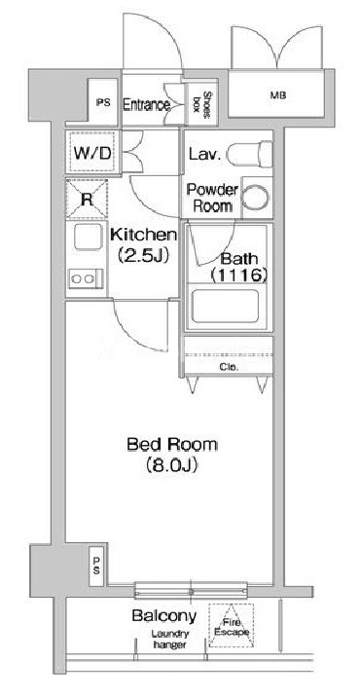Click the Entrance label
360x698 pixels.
(x=146, y=105)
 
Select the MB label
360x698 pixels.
(x=278, y=94)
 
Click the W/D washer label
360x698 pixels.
(x=92, y=153)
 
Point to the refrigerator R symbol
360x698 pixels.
(x=87, y=199)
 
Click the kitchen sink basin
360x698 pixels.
(x=89, y=237)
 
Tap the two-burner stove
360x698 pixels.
(x=86, y=279)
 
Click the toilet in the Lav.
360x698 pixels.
(x=249, y=154)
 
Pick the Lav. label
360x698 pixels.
(x=204, y=155)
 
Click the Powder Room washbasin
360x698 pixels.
(x=256, y=198)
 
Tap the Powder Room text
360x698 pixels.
(x=212, y=198)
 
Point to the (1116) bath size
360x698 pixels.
(x=239, y=276)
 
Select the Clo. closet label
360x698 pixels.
(x=230, y=368)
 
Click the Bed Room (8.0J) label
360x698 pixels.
(x=172, y=454)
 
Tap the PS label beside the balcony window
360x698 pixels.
(x=97, y=567)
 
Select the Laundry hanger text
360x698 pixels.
(x=169, y=640)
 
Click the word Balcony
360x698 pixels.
(x=164, y=616)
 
